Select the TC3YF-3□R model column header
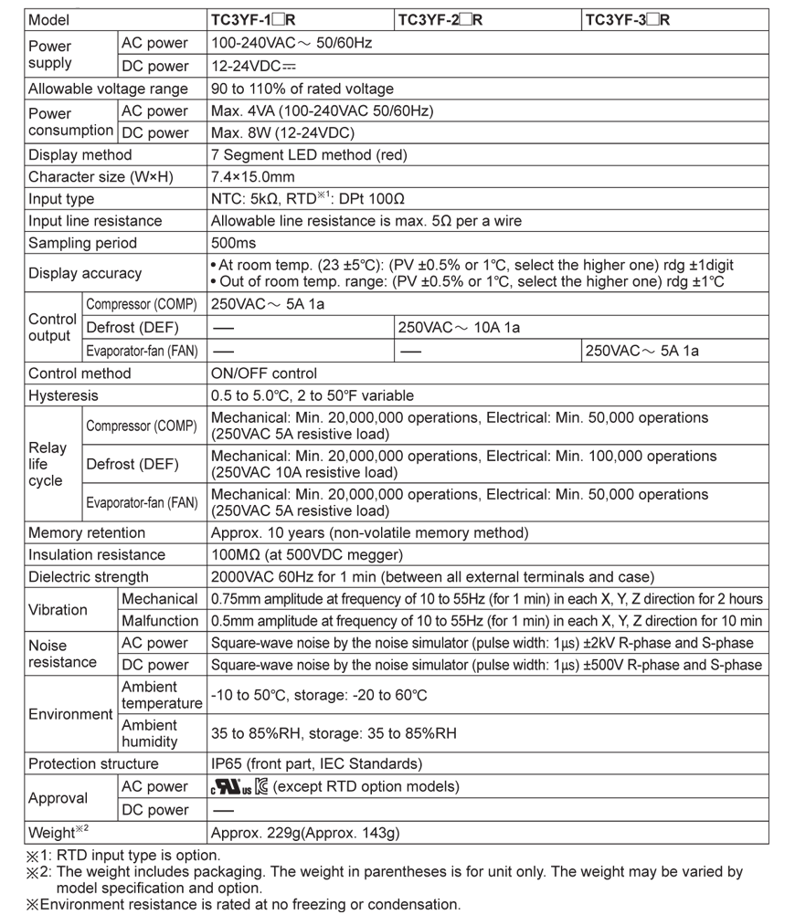628,19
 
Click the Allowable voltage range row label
108,89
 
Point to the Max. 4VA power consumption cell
322,110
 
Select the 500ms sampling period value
233,243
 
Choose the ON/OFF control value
264,373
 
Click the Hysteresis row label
63,395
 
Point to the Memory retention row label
87,532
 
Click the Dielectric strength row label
88,576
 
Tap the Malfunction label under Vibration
160,621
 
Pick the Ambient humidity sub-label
150,733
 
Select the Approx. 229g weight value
305,833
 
